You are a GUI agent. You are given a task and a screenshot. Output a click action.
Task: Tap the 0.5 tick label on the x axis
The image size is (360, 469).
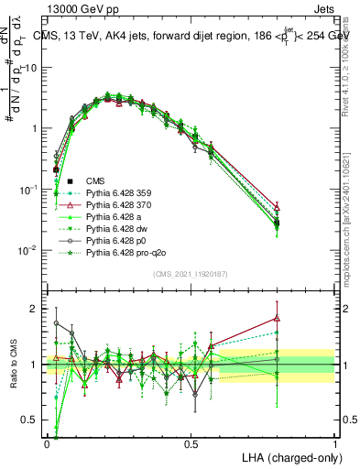click(x=191, y=442)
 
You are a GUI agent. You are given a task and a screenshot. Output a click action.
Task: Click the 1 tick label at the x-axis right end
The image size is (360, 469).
click(x=334, y=442)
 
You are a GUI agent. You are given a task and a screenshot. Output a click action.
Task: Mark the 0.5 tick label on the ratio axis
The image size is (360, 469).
click(x=30, y=421)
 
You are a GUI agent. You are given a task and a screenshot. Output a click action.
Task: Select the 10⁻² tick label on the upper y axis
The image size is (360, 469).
click(x=28, y=250)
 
